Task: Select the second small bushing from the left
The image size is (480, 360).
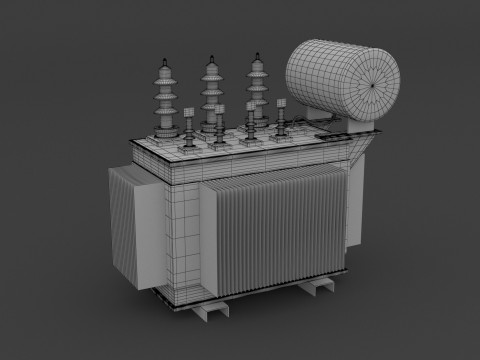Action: (x=218, y=128)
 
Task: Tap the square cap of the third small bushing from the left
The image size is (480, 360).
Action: (x=250, y=105)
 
